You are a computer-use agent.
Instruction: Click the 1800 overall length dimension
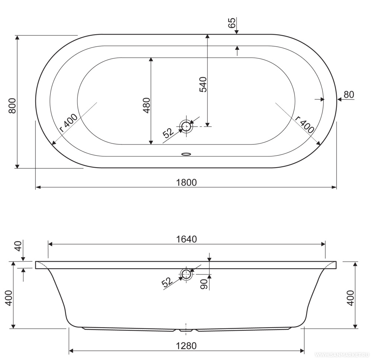pos(186,182)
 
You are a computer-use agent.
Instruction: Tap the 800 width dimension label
pos(12,106)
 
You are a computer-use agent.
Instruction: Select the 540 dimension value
pos(203,84)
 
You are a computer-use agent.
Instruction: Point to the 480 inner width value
pos(146,105)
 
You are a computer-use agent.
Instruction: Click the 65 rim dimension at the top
pos(232,23)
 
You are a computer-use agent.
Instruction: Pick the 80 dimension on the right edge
pos(349,95)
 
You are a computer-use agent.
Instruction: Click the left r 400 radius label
pos(68,123)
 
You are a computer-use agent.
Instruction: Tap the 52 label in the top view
pos(169,133)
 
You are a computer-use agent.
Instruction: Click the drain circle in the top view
pos(186,126)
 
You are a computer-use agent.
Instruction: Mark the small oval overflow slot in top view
pos(186,154)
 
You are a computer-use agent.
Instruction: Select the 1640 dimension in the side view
pos(186,239)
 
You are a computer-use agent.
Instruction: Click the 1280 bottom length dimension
pos(186,346)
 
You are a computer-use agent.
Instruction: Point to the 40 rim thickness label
pos(18,246)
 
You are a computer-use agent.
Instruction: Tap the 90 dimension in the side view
pos(204,284)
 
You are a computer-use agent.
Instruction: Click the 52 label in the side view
pos(167,282)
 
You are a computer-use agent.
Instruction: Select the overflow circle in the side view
pos(186,275)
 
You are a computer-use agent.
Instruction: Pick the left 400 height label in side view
pos(9,298)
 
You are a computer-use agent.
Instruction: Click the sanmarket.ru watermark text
pos(342,355)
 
